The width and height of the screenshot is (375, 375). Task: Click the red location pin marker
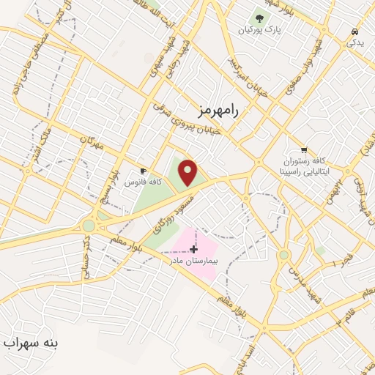(x=188, y=172)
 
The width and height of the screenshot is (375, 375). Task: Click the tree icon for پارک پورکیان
(x=259, y=18)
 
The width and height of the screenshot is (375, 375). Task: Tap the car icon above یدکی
(x=354, y=32)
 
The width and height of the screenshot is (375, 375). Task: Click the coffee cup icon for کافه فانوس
(x=143, y=171)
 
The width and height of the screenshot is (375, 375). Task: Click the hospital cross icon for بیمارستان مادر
(x=193, y=250)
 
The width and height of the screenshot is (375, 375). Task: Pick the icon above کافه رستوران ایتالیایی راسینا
(x=304, y=149)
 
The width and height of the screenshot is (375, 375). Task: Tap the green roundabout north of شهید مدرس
(x=284, y=255)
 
